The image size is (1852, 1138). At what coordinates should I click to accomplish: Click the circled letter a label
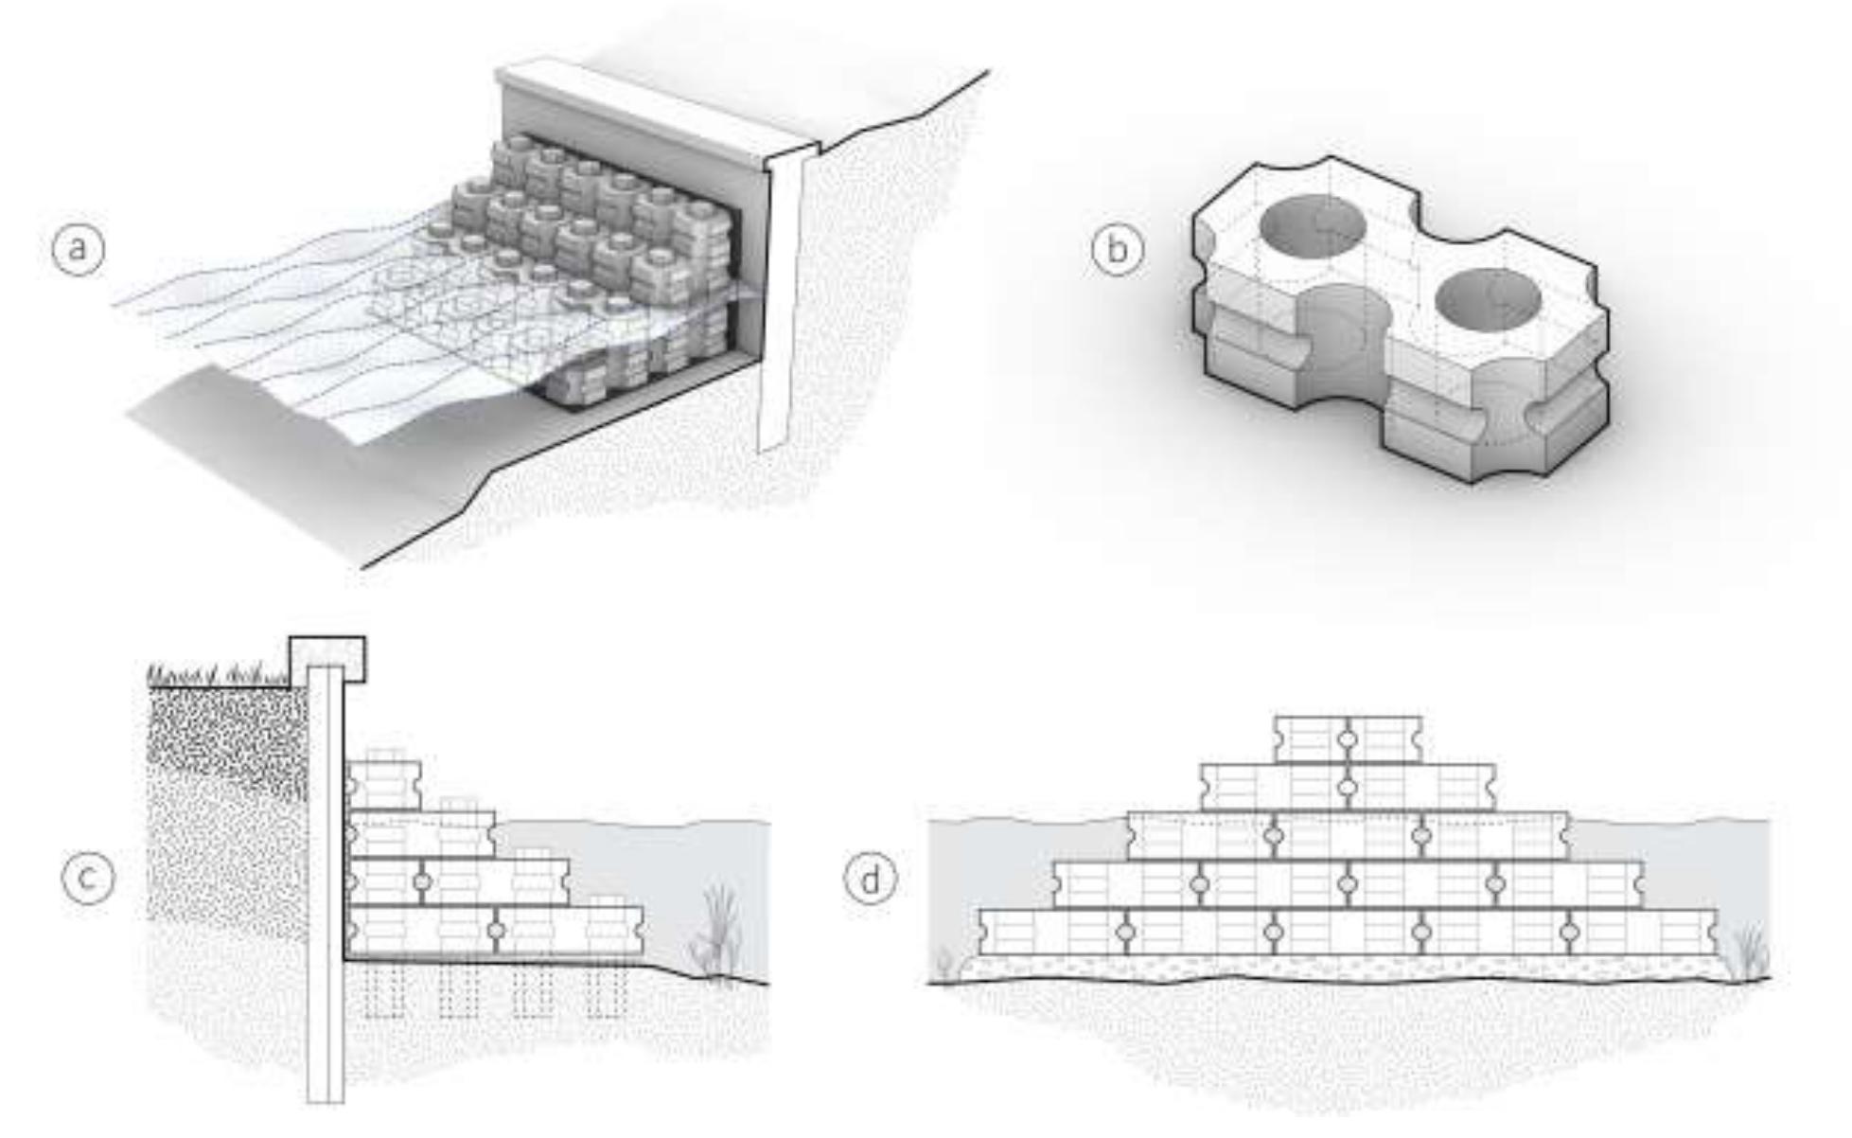pos(78,249)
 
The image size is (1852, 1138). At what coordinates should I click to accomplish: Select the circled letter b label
pos(1118,249)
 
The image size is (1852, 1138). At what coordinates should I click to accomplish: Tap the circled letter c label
pos(88,878)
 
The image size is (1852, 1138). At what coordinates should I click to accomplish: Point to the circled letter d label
pos(870,878)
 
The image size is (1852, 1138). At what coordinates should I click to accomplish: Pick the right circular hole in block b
pos(1489,299)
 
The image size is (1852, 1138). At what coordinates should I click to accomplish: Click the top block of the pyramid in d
pos(1349,739)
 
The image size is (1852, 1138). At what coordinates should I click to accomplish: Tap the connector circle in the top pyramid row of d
pos(1348,739)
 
